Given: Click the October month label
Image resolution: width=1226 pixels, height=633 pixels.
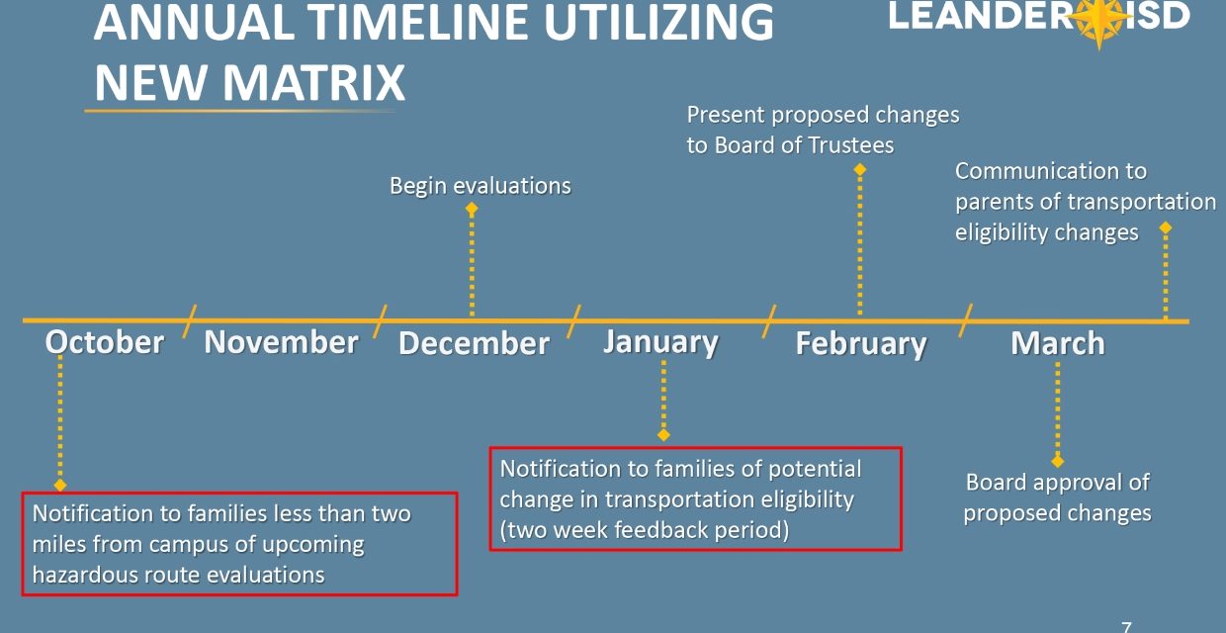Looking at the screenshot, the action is click(x=105, y=342).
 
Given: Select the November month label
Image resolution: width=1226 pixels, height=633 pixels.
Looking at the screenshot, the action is click(x=281, y=342).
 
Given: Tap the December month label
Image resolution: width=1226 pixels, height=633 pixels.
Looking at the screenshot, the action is click(x=474, y=343).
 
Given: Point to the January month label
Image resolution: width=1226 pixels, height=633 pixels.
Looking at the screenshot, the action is click(x=660, y=343).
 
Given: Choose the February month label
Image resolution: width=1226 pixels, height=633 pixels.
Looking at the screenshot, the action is click(x=861, y=344).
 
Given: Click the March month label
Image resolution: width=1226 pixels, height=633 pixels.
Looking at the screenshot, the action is click(x=1058, y=343).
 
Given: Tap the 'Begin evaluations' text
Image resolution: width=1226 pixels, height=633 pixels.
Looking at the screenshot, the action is click(x=480, y=186).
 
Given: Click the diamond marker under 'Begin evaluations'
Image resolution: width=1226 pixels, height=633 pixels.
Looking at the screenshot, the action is click(x=472, y=209).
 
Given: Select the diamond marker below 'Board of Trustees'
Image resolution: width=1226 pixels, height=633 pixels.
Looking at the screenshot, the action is click(x=860, y=170).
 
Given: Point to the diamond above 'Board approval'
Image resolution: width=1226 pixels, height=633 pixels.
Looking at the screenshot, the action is click(x=1058, y=462).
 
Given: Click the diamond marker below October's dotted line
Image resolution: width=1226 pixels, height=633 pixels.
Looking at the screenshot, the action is click(x=60, y=486).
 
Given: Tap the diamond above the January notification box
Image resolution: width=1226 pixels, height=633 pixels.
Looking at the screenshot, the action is click(x=663, y=435).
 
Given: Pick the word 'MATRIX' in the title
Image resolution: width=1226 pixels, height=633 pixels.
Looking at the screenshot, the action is click(x=312, y=82).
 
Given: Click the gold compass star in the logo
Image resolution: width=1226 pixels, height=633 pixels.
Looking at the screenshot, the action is click(x=1099, y=19).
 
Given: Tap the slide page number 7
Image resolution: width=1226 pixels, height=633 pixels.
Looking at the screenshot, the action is click(x=1126, y=626).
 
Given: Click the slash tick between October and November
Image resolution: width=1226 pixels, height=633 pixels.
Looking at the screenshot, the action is click(x=189, y=320).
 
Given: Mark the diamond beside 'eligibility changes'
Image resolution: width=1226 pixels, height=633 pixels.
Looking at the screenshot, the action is click(x=1166, y=227).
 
